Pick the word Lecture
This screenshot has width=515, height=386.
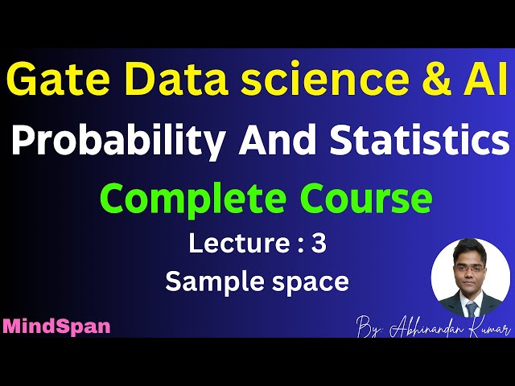point(233,244)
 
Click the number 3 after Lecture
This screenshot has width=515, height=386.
point(319,244)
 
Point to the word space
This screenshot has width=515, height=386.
point(310,282)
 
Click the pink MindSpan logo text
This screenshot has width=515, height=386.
point(56,326)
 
